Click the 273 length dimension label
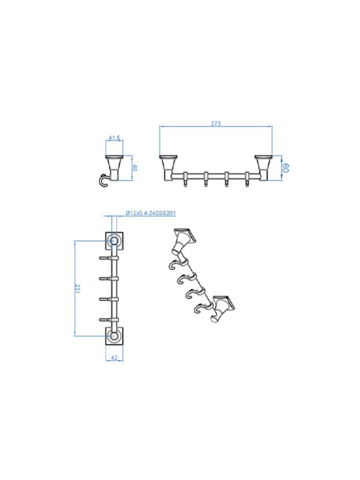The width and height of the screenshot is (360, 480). click(216, 124)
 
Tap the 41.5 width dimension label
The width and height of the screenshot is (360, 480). click(114, 138)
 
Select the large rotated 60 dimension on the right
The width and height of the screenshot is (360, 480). click(286, 168)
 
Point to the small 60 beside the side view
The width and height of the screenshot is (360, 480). click(135, 168)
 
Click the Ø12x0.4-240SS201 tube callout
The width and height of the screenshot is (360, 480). click(151, 213)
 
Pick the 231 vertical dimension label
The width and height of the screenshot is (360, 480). click(77, 289)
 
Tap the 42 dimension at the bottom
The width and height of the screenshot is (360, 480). click(114, 358)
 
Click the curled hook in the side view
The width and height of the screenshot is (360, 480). click(103, 181)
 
